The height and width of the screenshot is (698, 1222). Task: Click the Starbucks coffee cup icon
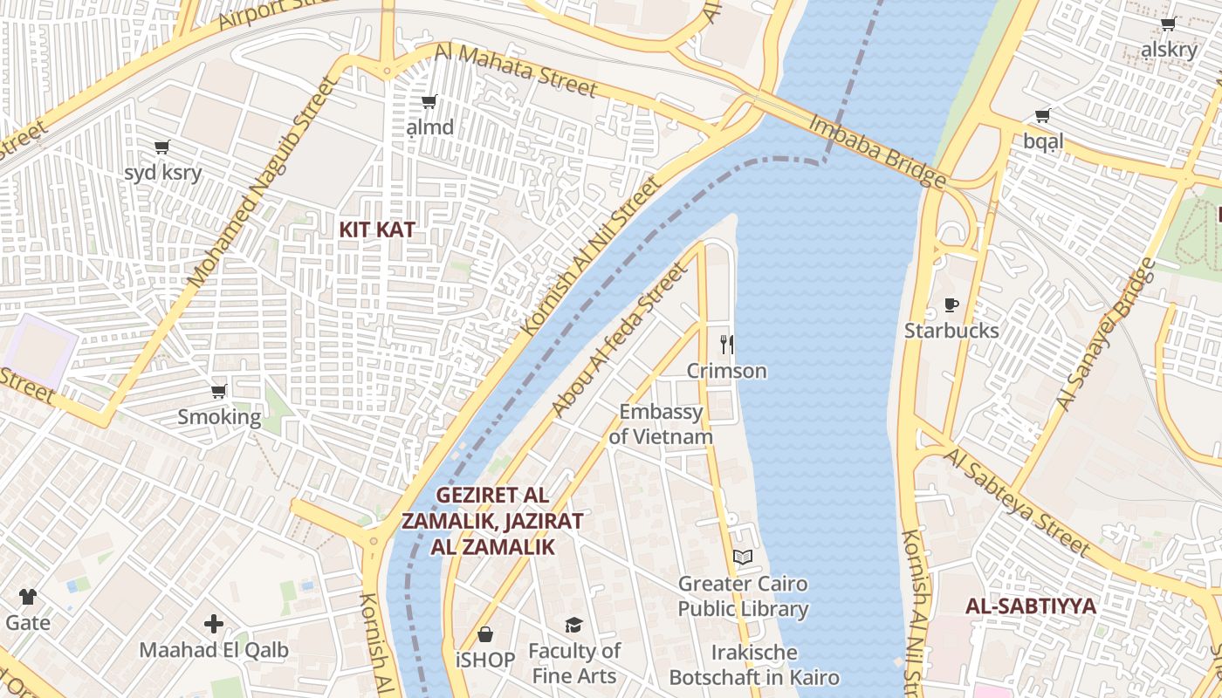[x=951, y=305]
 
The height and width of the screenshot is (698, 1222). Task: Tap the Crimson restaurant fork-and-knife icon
[x=726, y=345]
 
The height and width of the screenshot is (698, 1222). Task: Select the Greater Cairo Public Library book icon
[x=743, y=557]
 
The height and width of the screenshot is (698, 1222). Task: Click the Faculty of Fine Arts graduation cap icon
[x=573, y=625]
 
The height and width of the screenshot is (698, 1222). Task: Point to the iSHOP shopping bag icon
[x=485, y=634]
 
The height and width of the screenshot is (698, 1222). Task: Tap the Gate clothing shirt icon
[x=28, y=597]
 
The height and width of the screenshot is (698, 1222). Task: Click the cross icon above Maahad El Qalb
[x=214, y=624]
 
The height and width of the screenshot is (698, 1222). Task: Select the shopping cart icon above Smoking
[x=219, y=391]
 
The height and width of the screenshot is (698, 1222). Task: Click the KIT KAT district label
[x=376, y=229]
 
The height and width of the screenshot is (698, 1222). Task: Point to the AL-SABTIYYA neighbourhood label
[x=1030, y=606]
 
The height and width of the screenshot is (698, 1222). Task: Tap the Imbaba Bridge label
[x=877, y=151]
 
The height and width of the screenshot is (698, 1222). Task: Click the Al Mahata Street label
[x=516, y=71]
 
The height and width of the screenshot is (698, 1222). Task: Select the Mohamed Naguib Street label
[x=263, y=181]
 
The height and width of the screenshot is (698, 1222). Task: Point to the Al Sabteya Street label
[x=1017, y=503]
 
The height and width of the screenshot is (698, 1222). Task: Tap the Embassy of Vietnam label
[x=661, y=424]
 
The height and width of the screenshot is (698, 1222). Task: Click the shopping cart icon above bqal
[x=1042, y=116]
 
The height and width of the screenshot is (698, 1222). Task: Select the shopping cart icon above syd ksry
[x=161, y=147]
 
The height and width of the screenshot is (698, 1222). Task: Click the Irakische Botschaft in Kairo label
[x=754, y=665]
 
